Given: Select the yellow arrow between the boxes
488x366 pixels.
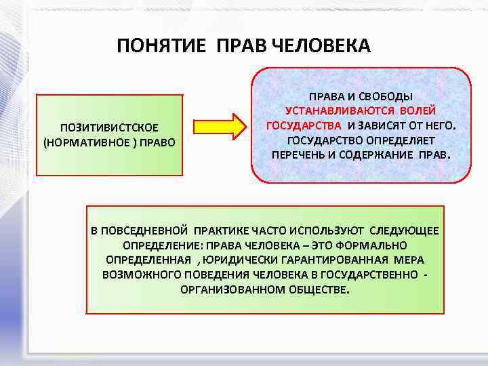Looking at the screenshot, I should pos(218,127).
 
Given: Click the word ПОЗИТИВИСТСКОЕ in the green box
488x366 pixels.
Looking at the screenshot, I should pos(110,127).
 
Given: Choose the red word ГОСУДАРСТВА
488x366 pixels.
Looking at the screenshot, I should pos(304,125).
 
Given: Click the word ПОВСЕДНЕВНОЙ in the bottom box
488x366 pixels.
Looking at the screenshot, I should pos(145,230).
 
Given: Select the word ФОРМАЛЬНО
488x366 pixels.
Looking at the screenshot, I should pos(374,245).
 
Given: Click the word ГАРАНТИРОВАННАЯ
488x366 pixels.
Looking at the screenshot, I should pos(335,260).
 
